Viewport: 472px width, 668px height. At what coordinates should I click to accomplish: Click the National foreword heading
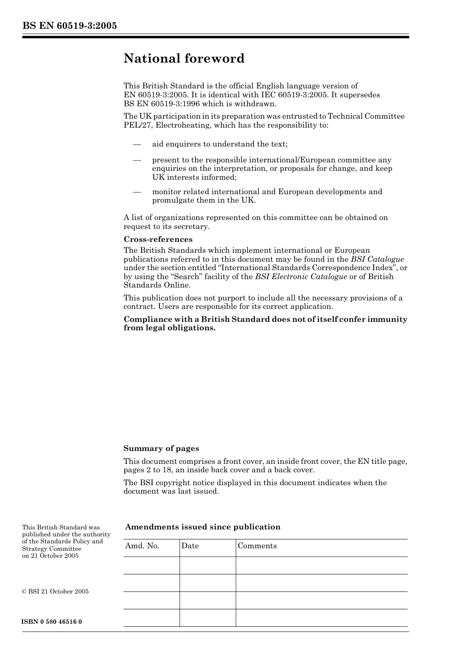click(x=184, y=59)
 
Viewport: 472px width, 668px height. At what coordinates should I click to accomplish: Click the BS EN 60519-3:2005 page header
click(x=69, y=26)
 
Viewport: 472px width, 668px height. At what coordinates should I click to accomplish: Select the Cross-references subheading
click(x=158, y=239)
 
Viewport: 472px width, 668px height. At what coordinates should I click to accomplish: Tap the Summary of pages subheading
click(x=161, y=448)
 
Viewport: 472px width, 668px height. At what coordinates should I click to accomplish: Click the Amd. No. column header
click(x=142, y=546)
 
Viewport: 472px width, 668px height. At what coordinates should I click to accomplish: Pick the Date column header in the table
click(x=190, y=546)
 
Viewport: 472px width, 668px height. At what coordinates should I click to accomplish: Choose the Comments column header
click(x=257, y=546)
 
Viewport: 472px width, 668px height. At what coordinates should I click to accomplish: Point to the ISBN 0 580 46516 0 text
click(x=52, y=622)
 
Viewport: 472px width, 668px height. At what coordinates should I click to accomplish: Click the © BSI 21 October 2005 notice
click(x=55, y=592)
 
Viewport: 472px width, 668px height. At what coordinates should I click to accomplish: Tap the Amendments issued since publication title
click(x=202, y=527)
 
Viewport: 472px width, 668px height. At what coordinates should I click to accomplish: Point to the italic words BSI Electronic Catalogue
click(x=301, y=277)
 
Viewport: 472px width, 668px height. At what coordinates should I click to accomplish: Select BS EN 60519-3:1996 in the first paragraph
click(x=157, y=104)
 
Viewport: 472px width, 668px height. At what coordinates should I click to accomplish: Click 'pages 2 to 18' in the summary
click(x=148, y=470)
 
